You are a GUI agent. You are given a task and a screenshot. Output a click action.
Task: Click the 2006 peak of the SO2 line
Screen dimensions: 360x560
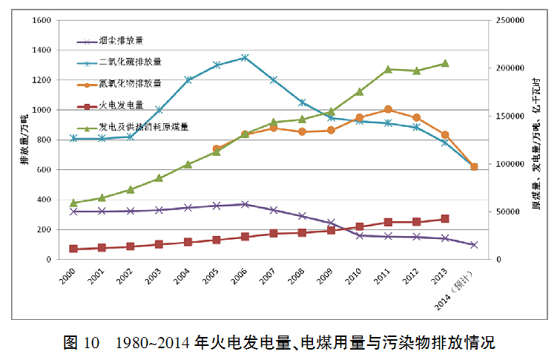(x=245, y=57)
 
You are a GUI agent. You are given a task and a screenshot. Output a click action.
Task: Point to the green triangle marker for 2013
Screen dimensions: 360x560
(x=445, y=63)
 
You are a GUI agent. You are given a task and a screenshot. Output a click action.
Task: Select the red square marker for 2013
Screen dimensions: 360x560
(x=445, y=219)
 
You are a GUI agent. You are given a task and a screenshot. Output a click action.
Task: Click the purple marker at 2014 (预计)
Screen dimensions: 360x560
(x=474, y=244)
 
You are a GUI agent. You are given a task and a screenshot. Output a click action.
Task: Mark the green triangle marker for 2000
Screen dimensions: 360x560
(x=73, y=203)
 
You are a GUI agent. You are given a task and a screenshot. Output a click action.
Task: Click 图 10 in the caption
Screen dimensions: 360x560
(x=81, y=342)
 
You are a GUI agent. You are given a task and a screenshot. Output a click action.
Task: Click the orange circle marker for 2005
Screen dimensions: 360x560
(x=217, y=149)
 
